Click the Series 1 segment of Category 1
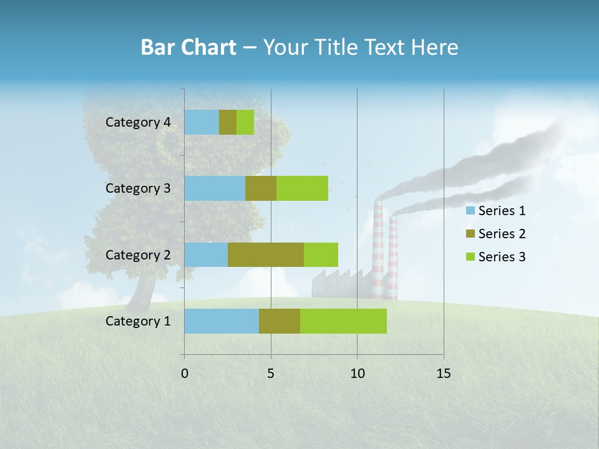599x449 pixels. click(x=222, y=321)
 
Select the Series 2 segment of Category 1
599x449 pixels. click(x=280, y=321)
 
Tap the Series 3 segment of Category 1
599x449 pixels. click(x=343, y=321)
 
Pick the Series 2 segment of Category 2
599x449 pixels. click(x=266, y=254)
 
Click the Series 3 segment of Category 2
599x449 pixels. click(x=321, y=254)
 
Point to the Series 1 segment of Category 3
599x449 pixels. click(x=215, y=188)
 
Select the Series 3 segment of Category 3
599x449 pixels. click(x=302, y=188)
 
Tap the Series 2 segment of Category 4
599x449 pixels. click(x=228, y=122)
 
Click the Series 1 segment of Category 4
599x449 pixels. click(x=202, y=122)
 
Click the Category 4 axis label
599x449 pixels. click(x=138, y=122)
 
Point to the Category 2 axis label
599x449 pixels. click(x=138, y=254)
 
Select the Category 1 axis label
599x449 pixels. click(x=138, y=321)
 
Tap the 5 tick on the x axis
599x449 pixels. click(x=271, y=374)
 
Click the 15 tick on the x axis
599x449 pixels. click(x=443, y=374)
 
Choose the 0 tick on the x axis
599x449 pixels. click(x=185, y=374)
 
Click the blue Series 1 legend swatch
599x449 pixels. click(x=470, y=211)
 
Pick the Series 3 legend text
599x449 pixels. click(x=502, y=257)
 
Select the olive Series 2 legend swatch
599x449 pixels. click(x=470, y=234)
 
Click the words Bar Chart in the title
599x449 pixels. click(x=188, y=47)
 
